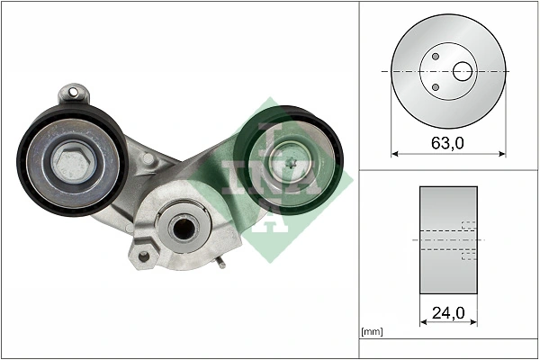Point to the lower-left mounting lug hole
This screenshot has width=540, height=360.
click(x=141, y=257)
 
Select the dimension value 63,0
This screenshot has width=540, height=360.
click(x=447, y=143)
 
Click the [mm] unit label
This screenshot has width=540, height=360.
click(x=372, y=333)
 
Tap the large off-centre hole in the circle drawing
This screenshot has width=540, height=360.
click(x=464, y=70)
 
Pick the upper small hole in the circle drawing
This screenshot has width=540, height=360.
click(x=435, y=57)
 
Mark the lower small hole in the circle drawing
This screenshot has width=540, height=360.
click(x=435, y=86)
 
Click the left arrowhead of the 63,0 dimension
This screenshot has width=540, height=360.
click(x=394, y=154)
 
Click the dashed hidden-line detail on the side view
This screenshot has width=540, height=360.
click(x=467, y=240)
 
